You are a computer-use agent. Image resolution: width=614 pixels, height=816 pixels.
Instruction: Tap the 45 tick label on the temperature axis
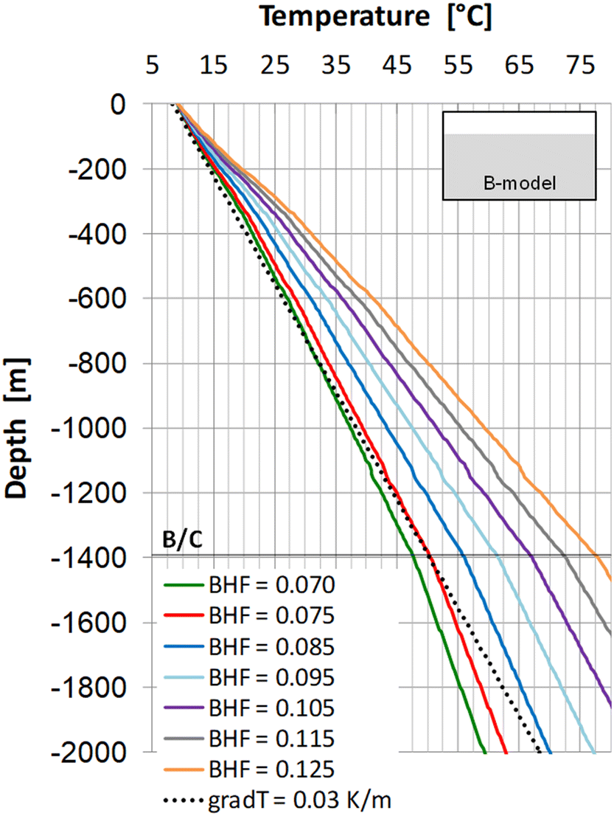[x=396, y=67]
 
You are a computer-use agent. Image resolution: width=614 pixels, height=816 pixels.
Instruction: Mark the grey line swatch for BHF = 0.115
[x=182, y=739]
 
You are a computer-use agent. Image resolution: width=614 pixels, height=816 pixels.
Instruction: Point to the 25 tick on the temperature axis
[x=273, y=67]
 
